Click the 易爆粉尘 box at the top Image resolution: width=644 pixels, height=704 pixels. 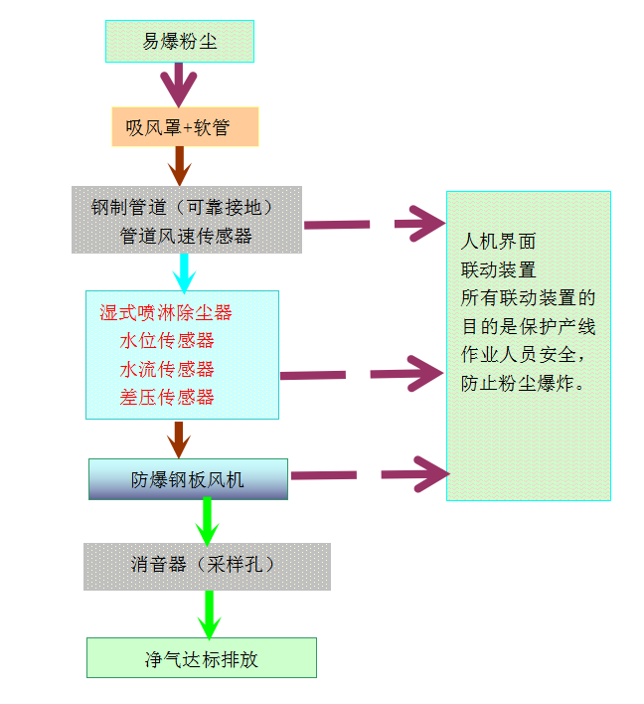180,42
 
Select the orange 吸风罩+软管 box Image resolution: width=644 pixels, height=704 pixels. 185,127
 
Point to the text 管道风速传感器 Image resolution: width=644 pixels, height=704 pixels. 186,236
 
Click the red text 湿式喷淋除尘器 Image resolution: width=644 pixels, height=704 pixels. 166,312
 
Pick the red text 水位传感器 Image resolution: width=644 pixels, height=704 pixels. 167,341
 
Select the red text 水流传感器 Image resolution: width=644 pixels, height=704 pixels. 167,369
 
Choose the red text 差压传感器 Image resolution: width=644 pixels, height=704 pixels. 167,397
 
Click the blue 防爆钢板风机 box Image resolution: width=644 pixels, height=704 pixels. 188,479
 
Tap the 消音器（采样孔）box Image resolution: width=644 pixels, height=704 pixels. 207,565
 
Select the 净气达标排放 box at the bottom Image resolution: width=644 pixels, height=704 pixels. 202,658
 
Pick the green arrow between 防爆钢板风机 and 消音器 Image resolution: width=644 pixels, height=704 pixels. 208,520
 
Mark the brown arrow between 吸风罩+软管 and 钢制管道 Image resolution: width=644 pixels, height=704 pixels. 179,165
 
